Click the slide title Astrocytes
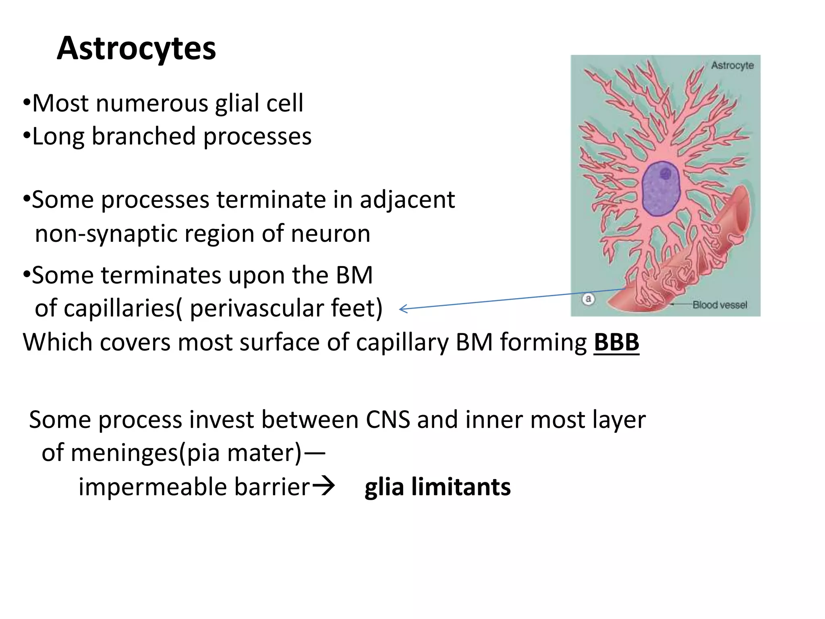point(136,48)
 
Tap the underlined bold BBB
point(616,343)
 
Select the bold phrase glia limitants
point(437,486)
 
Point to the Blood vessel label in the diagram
point(719,305)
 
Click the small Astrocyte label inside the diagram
point(732,65)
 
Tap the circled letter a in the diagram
point(588,299)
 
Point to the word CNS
point(388,420)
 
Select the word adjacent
point(407,200)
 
